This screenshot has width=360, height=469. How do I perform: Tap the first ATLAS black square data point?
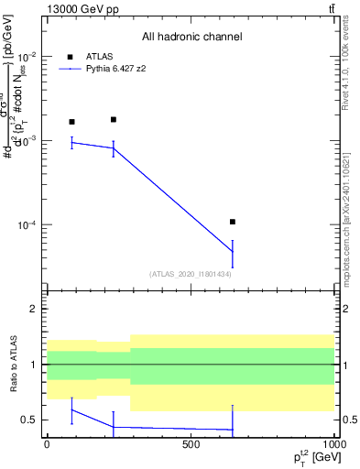[x=72, y=122]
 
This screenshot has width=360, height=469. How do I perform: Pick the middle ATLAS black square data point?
[x=114, y=119]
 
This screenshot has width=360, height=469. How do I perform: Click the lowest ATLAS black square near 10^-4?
[x=233, y=222]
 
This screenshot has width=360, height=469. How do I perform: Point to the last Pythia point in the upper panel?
[x=233, y=252]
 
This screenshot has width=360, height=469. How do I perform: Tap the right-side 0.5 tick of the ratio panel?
[x=348, y=420]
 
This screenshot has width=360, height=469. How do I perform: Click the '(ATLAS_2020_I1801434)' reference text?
[x=191, y=274]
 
